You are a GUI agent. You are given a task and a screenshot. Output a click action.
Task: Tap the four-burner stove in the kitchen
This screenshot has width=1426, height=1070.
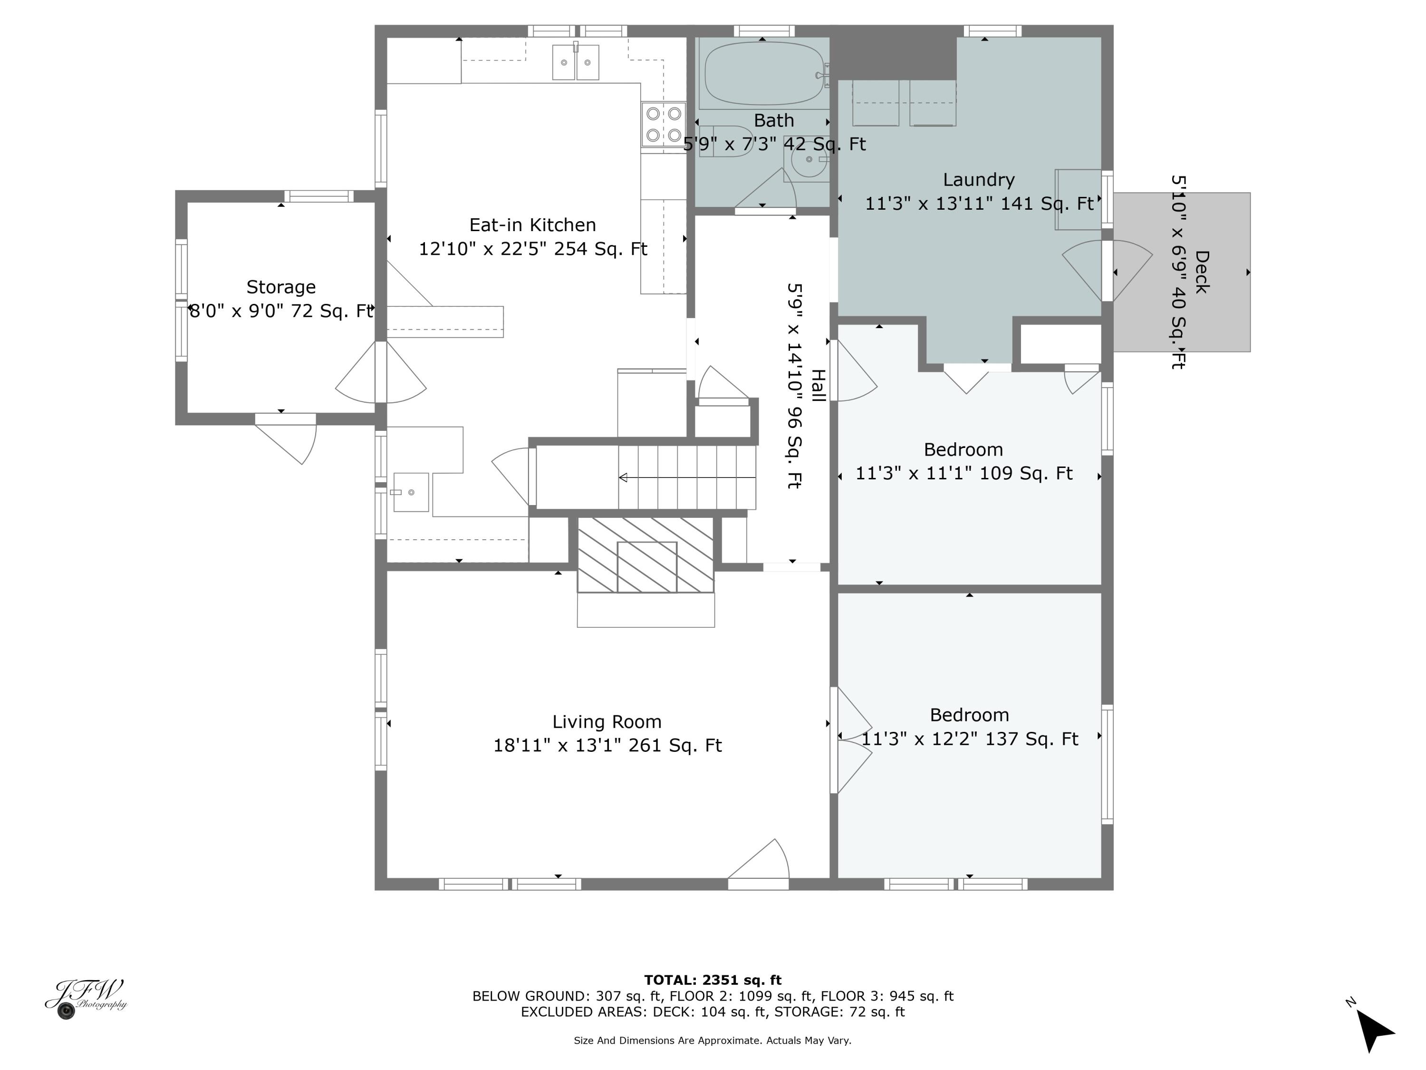point(664,125)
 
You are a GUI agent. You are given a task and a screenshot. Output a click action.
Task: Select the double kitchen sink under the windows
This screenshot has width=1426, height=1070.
point(575,63)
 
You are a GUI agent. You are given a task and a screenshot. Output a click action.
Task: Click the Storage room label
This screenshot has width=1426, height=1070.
point(281,287)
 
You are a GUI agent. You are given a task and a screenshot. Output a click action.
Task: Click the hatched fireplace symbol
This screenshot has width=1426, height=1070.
point(646,554)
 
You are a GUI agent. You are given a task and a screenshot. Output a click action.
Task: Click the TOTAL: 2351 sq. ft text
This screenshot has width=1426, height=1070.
point(713,980)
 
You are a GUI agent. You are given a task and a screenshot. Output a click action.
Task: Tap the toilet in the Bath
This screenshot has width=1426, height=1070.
point(725,141)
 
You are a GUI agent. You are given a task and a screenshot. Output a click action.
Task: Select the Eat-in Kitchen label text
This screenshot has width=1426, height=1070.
point(532,225)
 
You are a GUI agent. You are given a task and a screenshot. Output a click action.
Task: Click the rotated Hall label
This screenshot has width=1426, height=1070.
point(818,386)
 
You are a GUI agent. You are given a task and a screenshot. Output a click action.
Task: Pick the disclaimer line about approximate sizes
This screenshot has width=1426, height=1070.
point(713,1041)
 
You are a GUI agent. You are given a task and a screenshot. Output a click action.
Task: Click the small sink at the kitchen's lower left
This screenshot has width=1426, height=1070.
point(411,492)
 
